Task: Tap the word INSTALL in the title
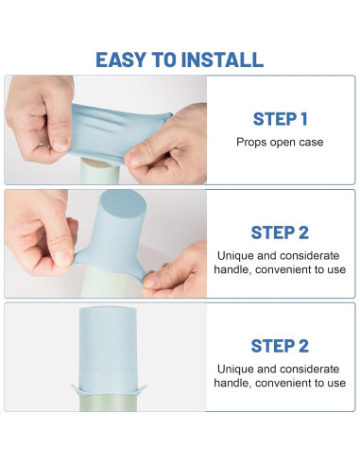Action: click(222, 60)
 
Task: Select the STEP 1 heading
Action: click(280, 119)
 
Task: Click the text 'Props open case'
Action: click(280, 142)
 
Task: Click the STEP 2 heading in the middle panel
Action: click(280, 232)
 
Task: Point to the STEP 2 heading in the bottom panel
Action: click(280, 346)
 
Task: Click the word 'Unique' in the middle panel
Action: click(235, 255)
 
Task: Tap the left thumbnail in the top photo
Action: click(60, 143)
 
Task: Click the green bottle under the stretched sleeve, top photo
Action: click(99, 172)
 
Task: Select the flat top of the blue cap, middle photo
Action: click(123, 203)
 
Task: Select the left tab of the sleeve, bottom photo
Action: click(76, 389)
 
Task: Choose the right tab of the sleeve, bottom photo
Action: click(142, 389)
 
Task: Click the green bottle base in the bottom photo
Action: click(108, 404)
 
